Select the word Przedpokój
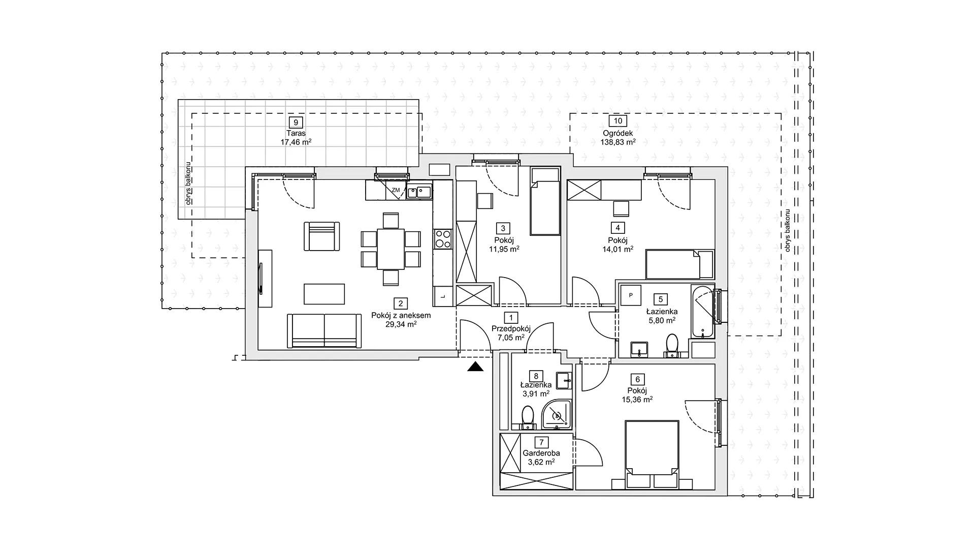point(511,328)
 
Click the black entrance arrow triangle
point(476,367)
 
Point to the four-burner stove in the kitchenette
point(442,239)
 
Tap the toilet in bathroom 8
point(528,416)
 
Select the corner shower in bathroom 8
point(557,413)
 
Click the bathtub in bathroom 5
point(703,312)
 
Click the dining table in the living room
point(391,249)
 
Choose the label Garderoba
point(541,453)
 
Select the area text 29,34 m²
point(401,324)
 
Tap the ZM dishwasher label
point(396,190)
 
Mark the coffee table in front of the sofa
point(324,294)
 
